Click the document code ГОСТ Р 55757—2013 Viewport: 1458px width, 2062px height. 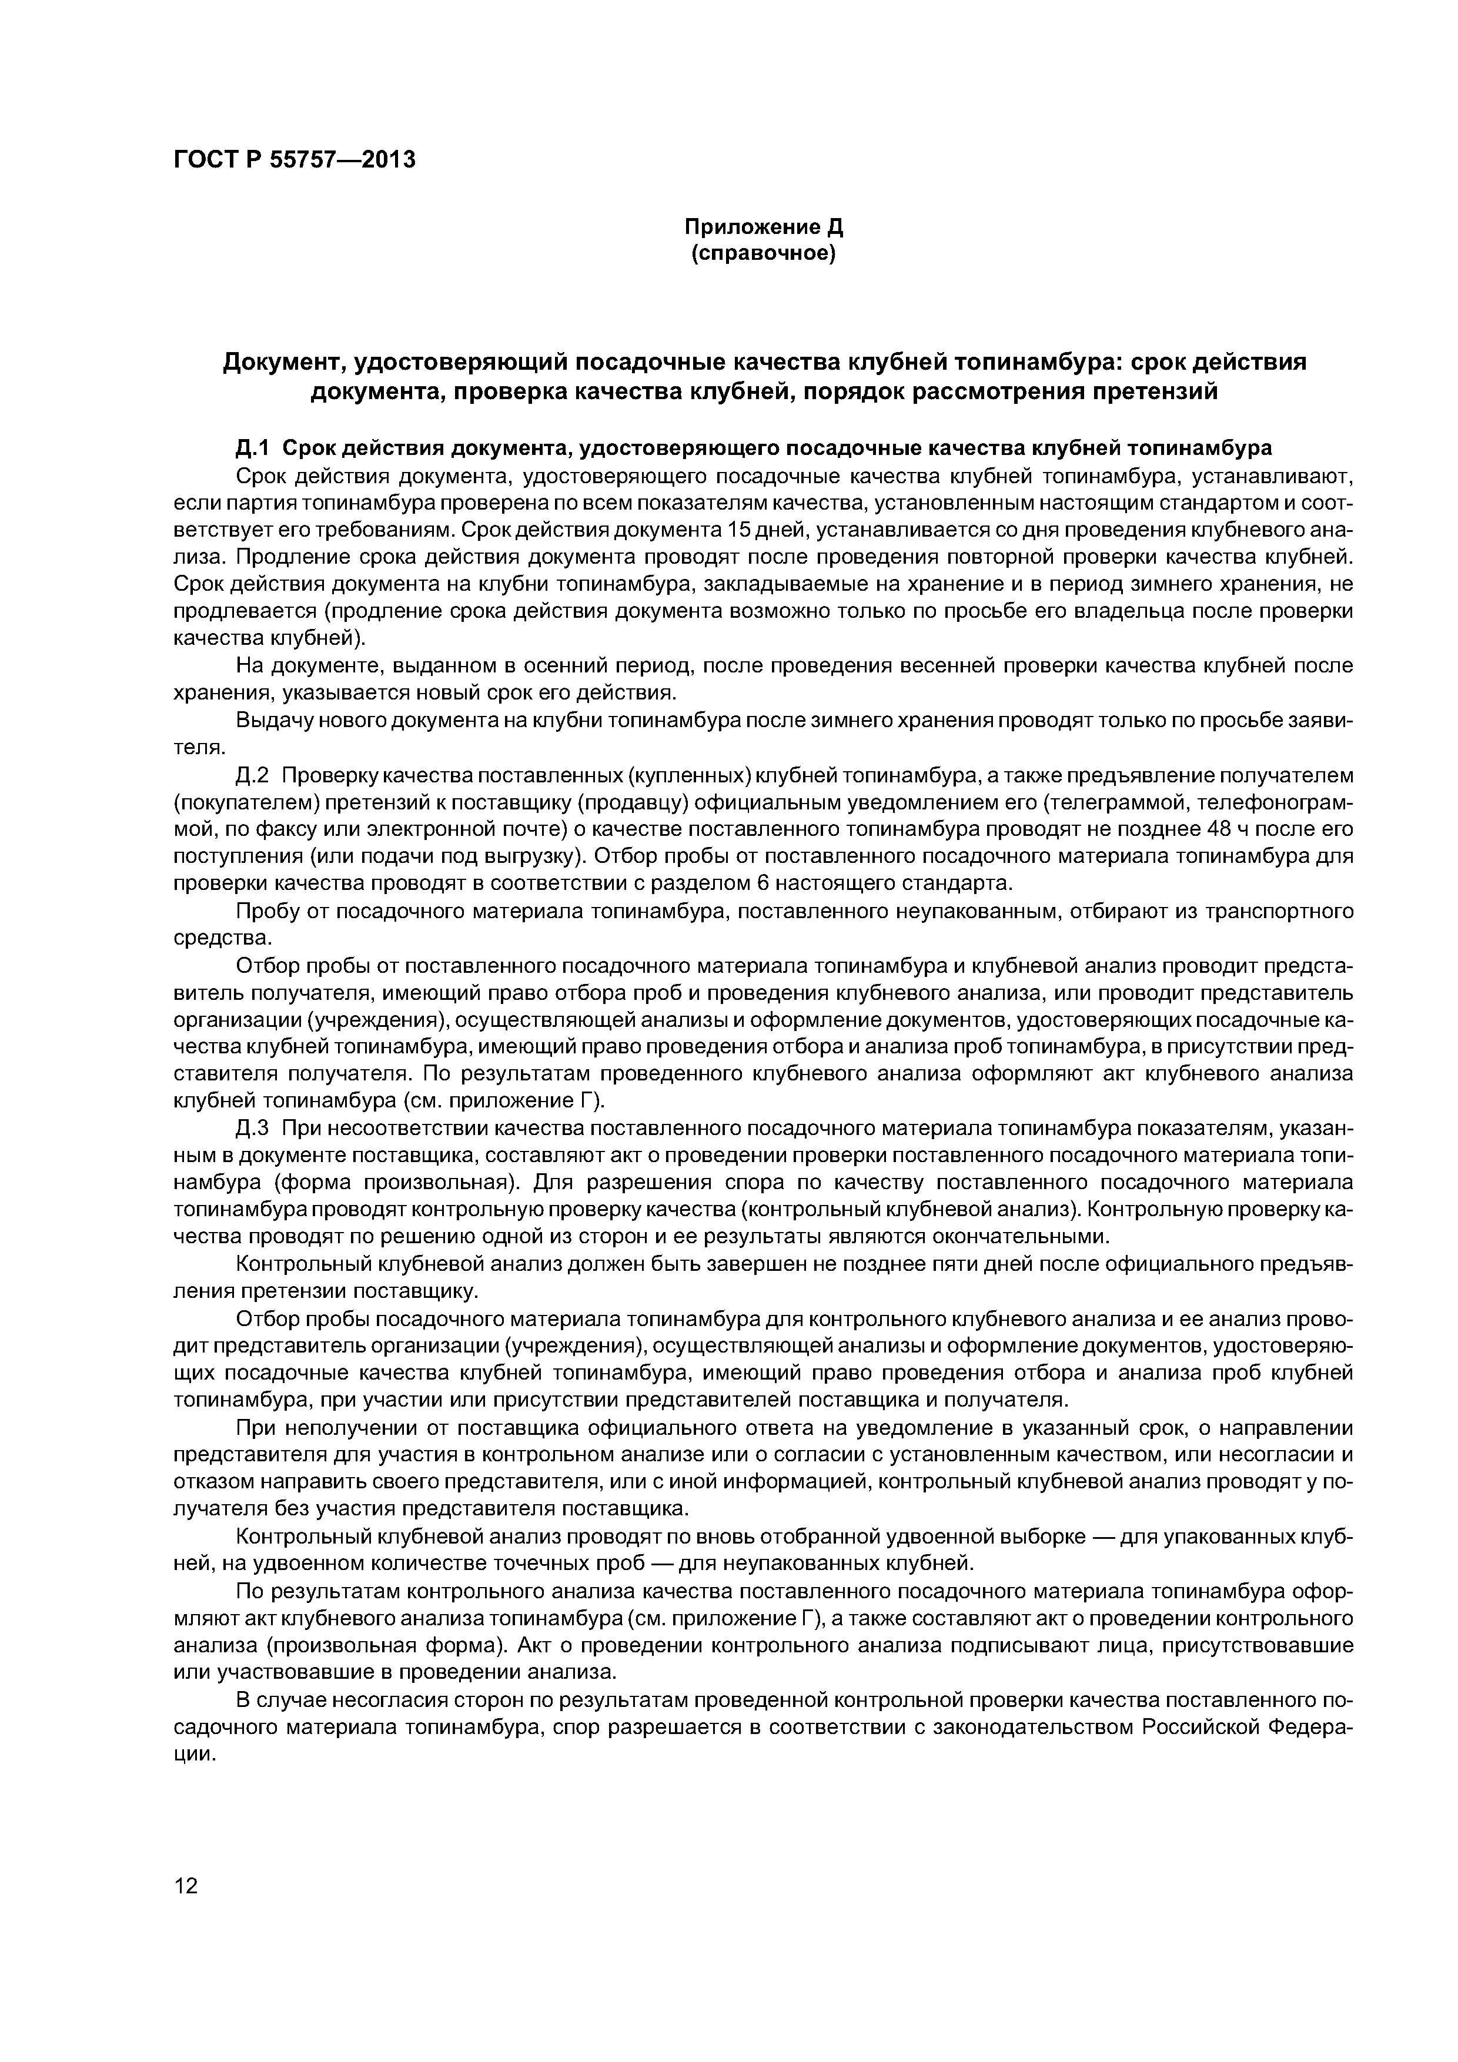coord(295,160)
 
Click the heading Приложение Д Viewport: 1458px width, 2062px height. coord(764,227)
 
